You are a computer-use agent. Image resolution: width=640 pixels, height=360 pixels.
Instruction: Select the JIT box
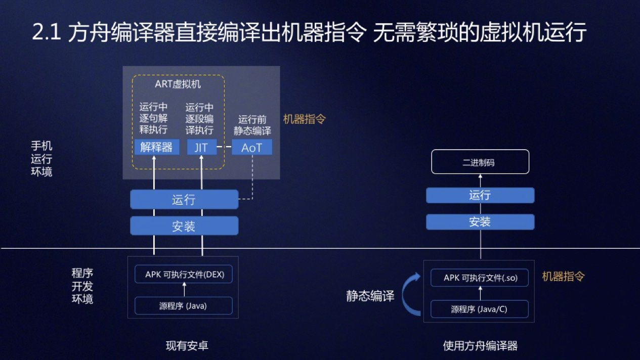pos(201,147)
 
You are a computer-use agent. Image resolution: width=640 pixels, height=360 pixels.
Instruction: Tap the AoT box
pos(251,147)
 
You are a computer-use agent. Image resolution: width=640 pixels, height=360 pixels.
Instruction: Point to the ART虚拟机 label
pos(178,84)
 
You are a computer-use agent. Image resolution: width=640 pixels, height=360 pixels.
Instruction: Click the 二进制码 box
pos(480,162)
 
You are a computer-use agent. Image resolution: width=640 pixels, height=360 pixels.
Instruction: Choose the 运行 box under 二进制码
pos(480,195)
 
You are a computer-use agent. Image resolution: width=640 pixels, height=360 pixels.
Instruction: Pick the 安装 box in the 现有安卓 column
pos(184,226)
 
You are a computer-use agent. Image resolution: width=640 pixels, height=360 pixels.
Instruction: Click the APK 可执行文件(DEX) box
pos(184,275)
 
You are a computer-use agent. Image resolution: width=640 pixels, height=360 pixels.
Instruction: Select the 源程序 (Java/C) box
pos(479,309)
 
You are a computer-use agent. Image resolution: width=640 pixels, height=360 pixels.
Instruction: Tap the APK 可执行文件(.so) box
pos(480,278)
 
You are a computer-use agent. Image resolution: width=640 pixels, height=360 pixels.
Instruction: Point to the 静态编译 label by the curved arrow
pos(370,296)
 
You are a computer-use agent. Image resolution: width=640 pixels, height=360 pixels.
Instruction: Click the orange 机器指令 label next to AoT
pos(304,119)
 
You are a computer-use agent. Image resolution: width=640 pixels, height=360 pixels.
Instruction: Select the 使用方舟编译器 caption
pos(480,346)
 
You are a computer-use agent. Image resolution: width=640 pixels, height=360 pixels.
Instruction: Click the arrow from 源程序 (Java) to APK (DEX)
pos(184,290)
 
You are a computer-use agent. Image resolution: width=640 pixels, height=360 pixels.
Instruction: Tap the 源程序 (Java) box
pos(183,306)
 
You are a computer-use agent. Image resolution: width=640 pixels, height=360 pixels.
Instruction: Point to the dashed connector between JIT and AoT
pos(224,147)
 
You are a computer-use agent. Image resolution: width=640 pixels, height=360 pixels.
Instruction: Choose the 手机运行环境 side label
pos(41,159)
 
